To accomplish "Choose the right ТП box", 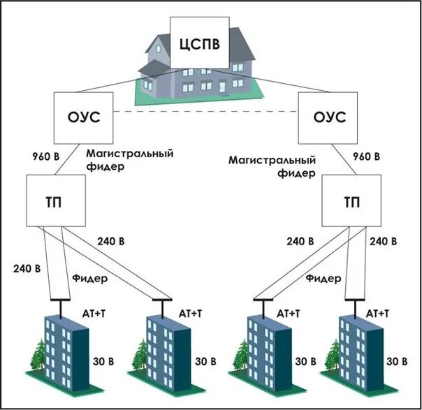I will coord(353,200).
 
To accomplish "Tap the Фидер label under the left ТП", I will coord(90,279).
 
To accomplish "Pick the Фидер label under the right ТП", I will coord(323,278).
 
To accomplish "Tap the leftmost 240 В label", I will coord(26,268).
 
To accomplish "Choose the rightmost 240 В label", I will coord(384,242).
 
